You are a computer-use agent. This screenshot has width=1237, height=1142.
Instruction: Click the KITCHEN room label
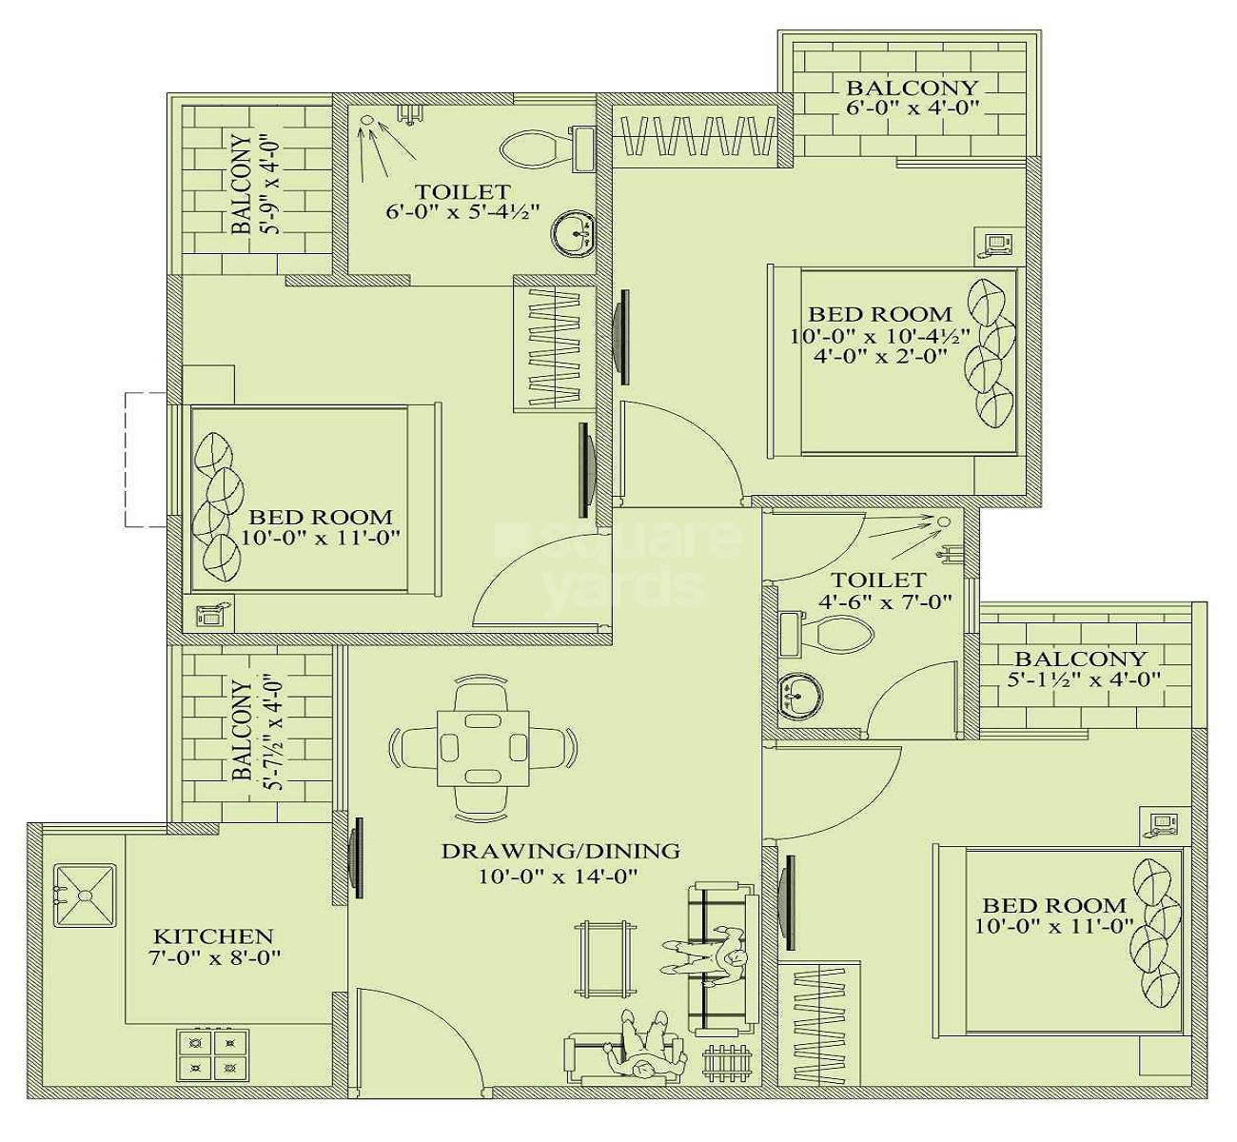(213, 936)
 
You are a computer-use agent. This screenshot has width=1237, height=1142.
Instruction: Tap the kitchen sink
(85, 895)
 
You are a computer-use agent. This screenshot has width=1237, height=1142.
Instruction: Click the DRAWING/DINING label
(560, 851)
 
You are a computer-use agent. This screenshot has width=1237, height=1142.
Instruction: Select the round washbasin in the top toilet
(574, 232)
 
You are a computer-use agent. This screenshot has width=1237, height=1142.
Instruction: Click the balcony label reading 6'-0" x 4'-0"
(912, 108)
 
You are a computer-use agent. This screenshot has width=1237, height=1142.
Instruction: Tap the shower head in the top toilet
(367, 121)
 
